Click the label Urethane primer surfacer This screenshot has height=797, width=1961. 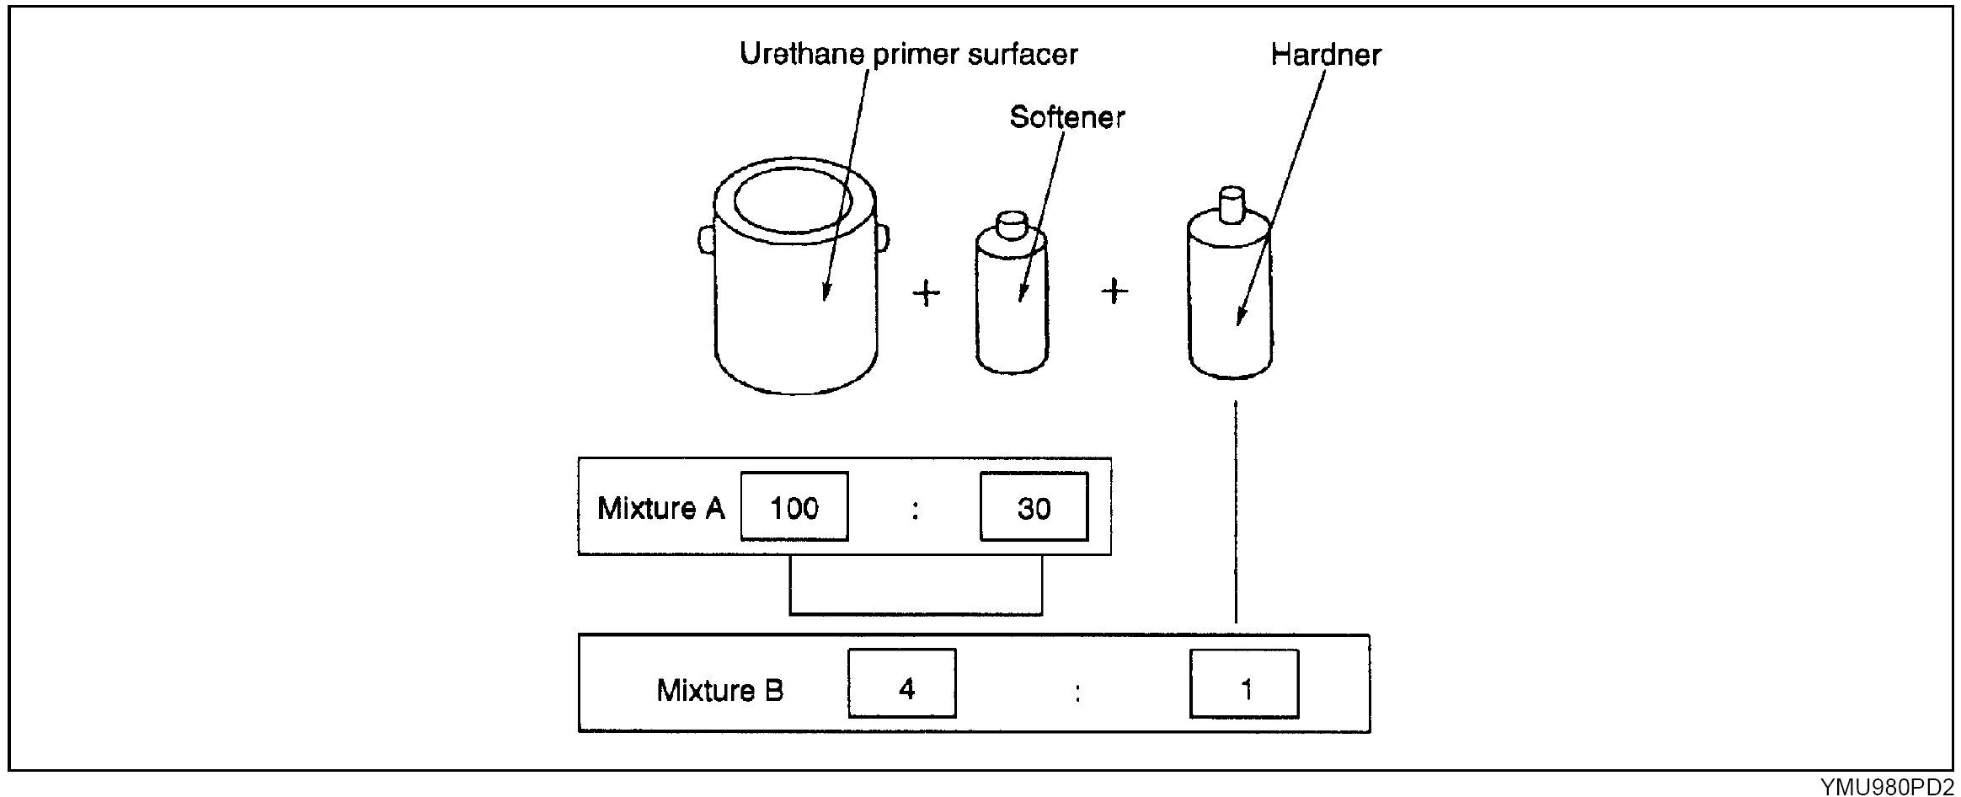pyautogui.click(x=908, y=55)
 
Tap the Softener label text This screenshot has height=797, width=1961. pyautogui.click(x=1066, y=117)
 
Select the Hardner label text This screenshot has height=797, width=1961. pyautogui.click(x=1325, y=56)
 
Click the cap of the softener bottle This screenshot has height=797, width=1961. pyautogui.click(x=1012, y=225)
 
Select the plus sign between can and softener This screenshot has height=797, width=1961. pyautogui.click(x=927, y=293)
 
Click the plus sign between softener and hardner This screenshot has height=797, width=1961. pyautogui.click(x=1114, y=292)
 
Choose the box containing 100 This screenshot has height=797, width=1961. pyautogui.click(x=794, y=507)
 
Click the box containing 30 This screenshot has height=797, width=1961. pyautogui.click(x=1034, y=507)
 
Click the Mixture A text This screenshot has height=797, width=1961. pyautogui.click(x=660, y=508)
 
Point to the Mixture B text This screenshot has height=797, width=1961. pyautogui.click(x=719, y=690)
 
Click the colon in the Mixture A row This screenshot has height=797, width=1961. pyautogui.click(x=915, y=510)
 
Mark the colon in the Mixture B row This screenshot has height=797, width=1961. pyautogui.click(x=1077, y=693)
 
